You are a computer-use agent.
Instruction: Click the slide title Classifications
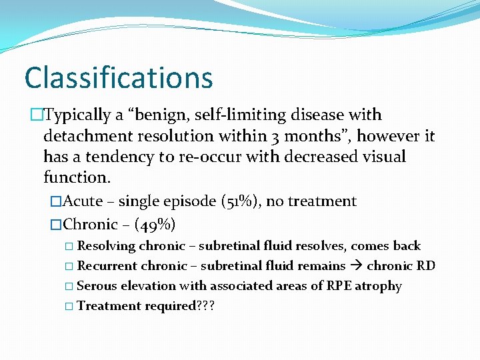(x=119, y=77)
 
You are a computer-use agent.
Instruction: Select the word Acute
(x=83, y=201)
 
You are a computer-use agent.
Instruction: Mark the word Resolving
(x=107, y=246)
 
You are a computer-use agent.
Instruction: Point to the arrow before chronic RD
(x=356, y=266)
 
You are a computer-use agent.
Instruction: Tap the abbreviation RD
(x=426, y=266)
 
